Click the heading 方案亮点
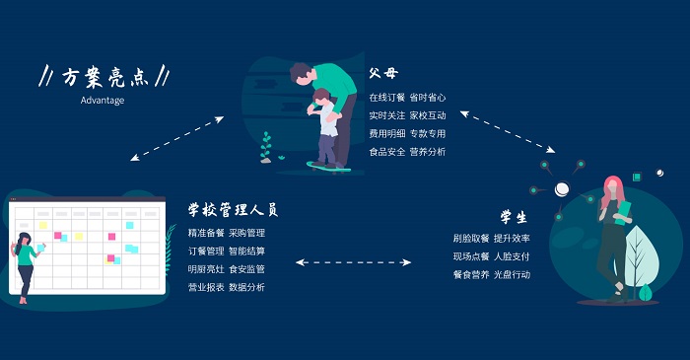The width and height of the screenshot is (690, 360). point(103,76)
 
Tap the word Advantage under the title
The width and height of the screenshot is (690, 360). point(103,100)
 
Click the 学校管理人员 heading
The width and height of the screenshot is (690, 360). point(233,210)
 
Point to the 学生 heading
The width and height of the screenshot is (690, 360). point(513,216)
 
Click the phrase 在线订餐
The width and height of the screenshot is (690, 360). point(386,98)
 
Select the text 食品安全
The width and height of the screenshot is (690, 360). point(386,152)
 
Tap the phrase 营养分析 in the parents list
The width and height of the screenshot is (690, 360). point(428,152)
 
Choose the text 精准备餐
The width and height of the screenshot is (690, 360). point(205,234)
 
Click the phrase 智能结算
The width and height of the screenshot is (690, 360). point(246,252)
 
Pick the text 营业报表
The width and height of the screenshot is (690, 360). point(205,287)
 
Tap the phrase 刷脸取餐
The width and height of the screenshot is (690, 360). point(470,239)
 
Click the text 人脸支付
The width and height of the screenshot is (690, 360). point(512,256)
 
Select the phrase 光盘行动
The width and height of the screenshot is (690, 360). point(512,274)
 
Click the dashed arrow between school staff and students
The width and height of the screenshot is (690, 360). point(354,262)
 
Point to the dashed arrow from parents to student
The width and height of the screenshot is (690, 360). point(509,130)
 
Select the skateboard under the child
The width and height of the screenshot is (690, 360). point(328,165)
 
